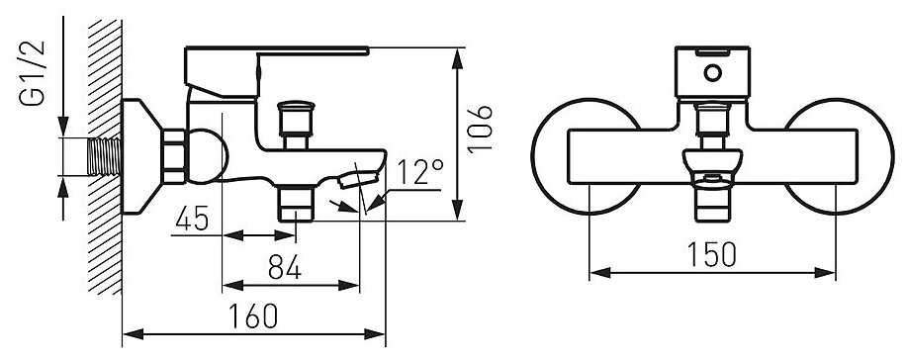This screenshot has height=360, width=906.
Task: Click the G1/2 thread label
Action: click(x=33, y=73)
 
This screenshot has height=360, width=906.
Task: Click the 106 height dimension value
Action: click(x=480, y=129)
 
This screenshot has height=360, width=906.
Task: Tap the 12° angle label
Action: click(x=420, y=172)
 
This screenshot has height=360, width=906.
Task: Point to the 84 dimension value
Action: click(x=284, y=267)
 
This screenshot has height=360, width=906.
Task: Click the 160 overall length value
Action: click(x=253, y=315)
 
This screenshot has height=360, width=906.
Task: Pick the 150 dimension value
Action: click(x=711, y=255)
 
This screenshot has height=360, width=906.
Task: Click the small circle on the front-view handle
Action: click(x=713, y=73)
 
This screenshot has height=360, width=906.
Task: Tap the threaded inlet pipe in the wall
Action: click(x=107, y=156)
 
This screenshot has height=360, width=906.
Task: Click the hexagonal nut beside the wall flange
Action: click(x=174, y=156)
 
